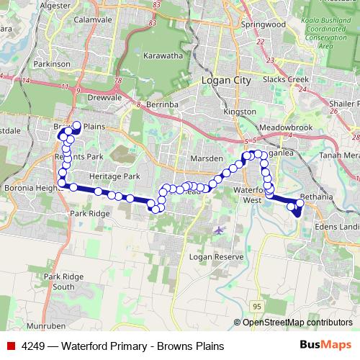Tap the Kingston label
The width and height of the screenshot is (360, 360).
[240, 112]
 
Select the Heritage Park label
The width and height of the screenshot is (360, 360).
[114, 176]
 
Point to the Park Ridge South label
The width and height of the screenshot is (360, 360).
[59, 282]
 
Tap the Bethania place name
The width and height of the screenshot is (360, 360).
[320, 196]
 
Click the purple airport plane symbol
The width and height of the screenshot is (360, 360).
[219, 230]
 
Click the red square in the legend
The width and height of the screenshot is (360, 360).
[10, 346]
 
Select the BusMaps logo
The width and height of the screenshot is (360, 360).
[325, 346]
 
